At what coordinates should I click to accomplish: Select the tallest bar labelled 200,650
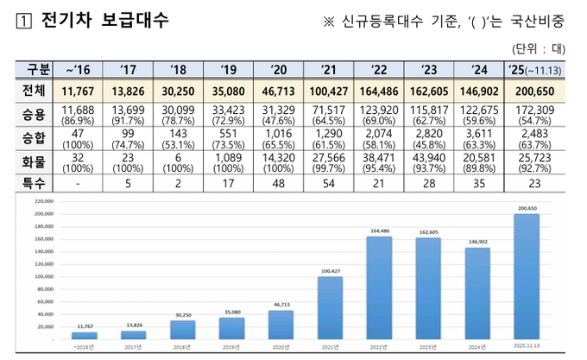pyautogui.click(x=527, y=276)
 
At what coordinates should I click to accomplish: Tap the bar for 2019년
pyautogui.click(x=232, y=329)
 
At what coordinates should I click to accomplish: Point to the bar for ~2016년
pyautogui.click(x=85, y=336)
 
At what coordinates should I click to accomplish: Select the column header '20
pyautogui.click(x=281, y=69)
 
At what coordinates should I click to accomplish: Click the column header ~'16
pyautogui.click(x=85, y=69)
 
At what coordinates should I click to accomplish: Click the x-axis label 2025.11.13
pyautogui.click(x=527, y=347)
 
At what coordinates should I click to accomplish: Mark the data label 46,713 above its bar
pyautogui.click(x=281, y=304)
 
